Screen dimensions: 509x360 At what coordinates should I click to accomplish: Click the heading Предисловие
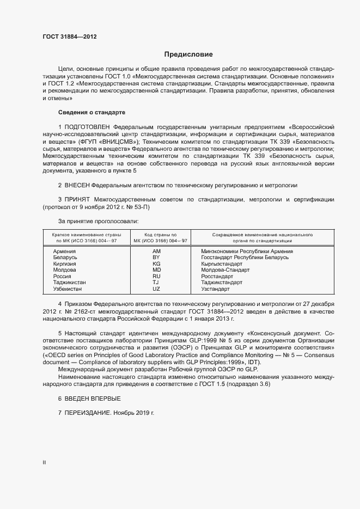[x=188, y=54]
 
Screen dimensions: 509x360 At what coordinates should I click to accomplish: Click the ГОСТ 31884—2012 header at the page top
[x=70, y=36]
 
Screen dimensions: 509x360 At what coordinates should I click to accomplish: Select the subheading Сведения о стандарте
[x=91, y=112]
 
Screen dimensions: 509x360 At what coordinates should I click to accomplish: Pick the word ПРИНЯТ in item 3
[x=79, y=200]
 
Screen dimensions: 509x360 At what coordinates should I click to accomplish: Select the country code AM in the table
[x=156, y=252]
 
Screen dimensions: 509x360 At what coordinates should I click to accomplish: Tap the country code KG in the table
[x=156, y=263]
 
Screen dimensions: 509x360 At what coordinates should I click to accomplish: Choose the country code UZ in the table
[x=156, y=289]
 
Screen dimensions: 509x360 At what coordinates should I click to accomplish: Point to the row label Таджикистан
[x=70, y=283]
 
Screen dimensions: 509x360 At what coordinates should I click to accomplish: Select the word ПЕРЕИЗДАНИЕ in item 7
[x=89, y=414]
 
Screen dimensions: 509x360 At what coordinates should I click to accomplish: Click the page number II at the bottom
[x=44, y=463]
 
